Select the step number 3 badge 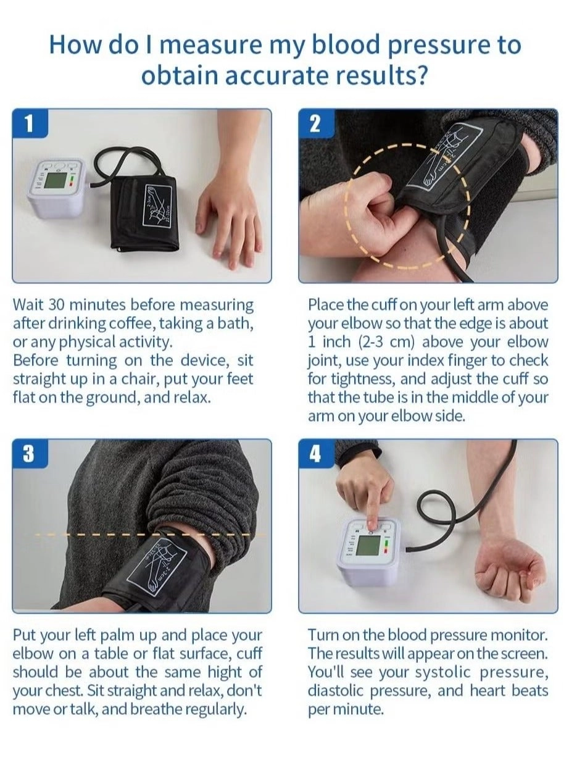click(30, 454)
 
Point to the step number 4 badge click(316, 454)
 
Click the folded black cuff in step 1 click(145, 213)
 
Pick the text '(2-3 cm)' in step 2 click(386, 342)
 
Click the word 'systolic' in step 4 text click(442, 672)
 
